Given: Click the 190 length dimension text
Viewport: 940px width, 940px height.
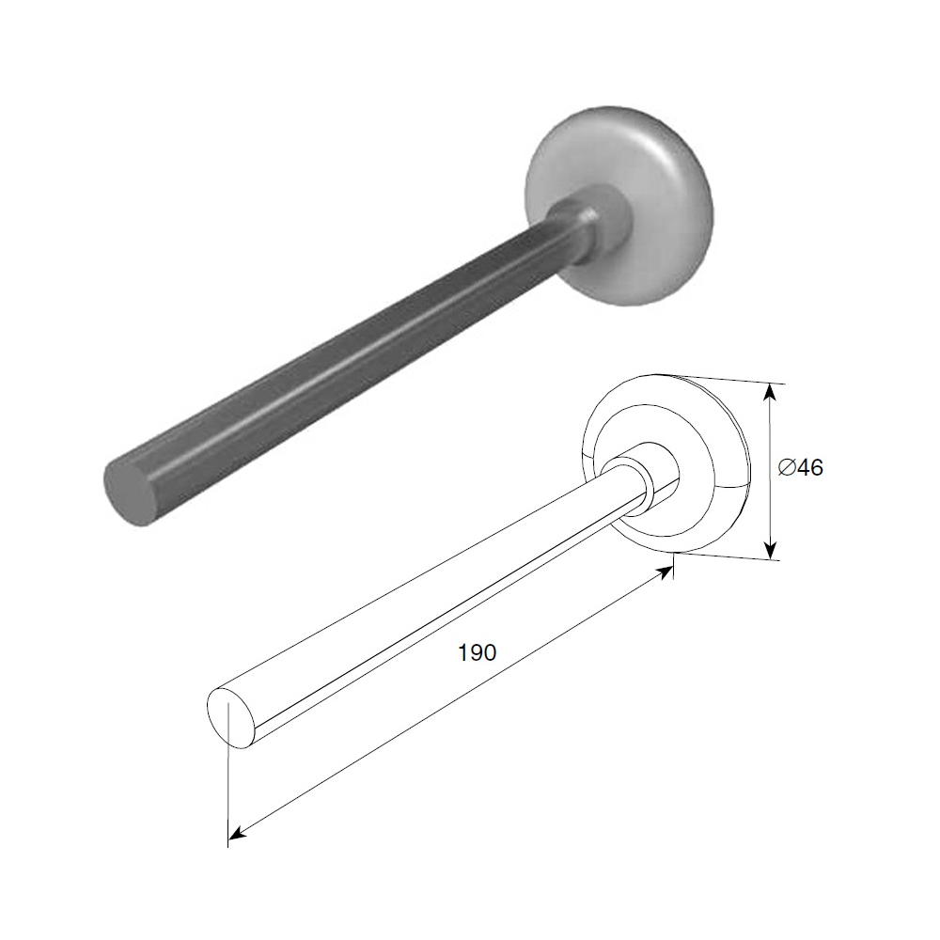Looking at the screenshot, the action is [x=478, y=652].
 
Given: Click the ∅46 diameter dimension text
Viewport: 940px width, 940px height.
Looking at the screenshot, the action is [x=801, y=467].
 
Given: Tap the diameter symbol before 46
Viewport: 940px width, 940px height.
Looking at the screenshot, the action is [x=788, y=467].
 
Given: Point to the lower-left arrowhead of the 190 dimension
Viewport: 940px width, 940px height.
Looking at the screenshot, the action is [x=238, y=831].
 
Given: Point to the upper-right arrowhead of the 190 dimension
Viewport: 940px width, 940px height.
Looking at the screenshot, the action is [x=663, y=572].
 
